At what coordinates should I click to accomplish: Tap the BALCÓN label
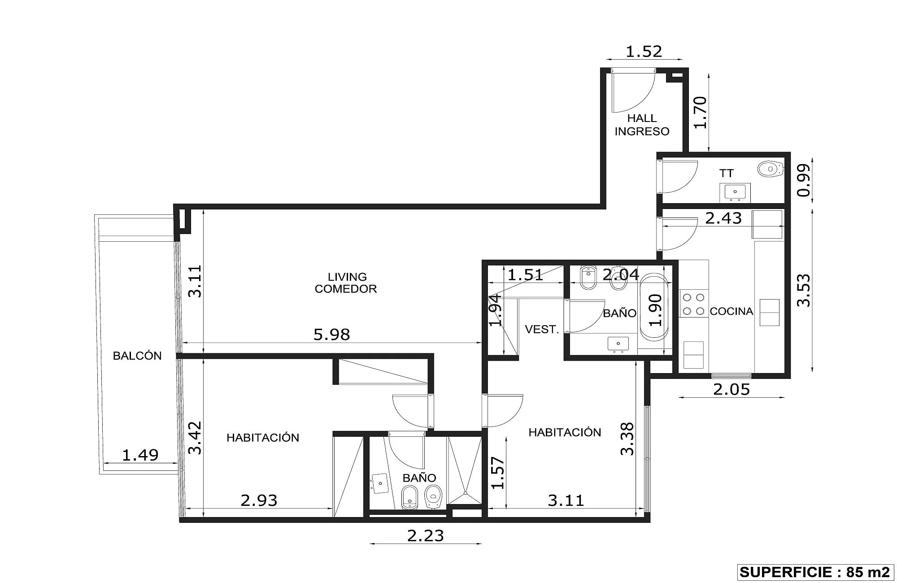pos(137,356)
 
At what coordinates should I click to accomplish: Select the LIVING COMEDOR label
pos(346,283)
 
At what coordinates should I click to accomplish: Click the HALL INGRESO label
pos(642,125)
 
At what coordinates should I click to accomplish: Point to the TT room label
pos(726,173)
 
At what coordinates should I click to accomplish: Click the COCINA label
pos(732,311)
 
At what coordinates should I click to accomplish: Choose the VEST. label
pos(542,330)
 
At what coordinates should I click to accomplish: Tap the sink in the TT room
pos(735,193)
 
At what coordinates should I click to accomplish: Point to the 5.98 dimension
pos(331,335)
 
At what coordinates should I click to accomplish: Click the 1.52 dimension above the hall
pos(644,52)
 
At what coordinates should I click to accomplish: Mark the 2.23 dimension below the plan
pos(426,535)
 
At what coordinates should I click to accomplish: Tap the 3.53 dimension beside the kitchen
pos(804,290)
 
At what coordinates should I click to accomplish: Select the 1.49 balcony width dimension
pos(140,455)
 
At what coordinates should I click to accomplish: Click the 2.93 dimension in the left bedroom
pos(259,500)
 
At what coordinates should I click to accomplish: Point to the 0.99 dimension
pos(804,180)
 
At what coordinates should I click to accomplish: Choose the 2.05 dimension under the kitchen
pos(732,389)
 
